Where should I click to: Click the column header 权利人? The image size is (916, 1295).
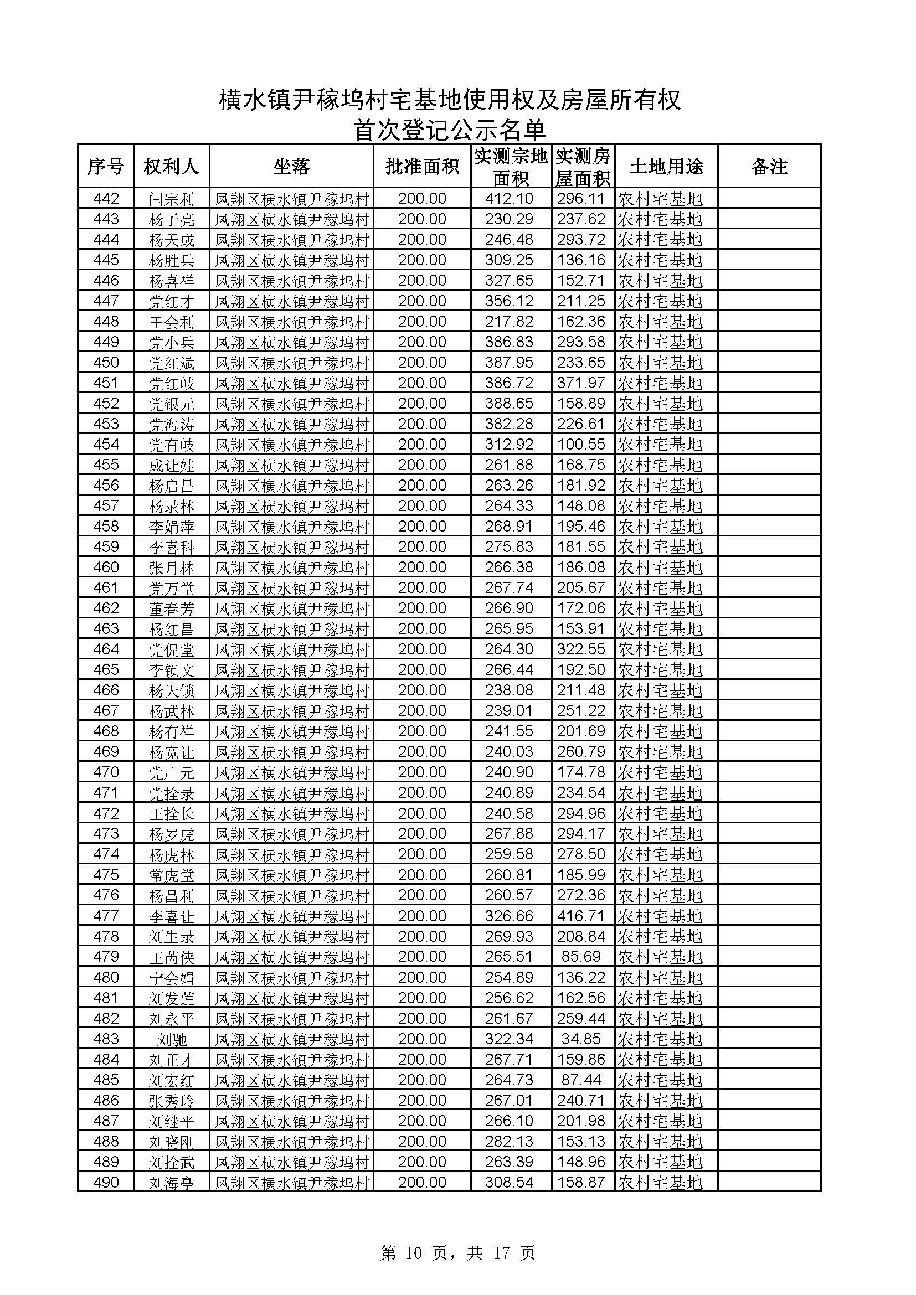172,167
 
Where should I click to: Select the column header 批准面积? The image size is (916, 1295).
422,167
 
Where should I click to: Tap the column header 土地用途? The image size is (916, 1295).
666,167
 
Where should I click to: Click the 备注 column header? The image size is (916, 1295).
769,167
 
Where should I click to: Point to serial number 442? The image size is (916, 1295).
106,199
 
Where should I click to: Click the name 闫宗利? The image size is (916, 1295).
172,199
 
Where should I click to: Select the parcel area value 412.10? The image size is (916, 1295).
509,199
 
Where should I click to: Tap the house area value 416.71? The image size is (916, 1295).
581,916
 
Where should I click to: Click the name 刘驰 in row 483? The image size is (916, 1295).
172,1039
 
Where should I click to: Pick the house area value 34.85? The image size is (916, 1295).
581,1039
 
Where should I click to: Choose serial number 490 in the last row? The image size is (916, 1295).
106,1182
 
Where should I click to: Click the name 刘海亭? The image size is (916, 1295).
172,1183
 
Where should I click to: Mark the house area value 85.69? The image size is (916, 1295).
581,957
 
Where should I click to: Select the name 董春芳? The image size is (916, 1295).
172,608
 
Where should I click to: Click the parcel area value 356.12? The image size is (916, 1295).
509,301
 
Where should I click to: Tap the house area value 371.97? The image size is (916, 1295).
581,383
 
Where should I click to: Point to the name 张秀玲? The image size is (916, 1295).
172,1101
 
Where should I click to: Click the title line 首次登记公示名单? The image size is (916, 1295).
450,130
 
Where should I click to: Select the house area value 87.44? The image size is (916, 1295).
581,1080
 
